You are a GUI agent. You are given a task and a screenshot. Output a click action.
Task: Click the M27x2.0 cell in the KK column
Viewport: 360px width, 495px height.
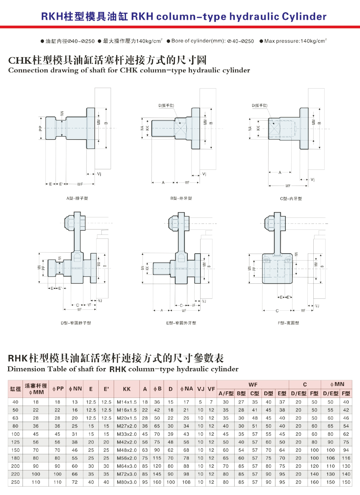127,426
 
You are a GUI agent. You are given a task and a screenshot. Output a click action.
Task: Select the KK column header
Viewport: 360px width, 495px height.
127,389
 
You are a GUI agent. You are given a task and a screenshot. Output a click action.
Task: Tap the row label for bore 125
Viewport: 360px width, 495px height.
15,442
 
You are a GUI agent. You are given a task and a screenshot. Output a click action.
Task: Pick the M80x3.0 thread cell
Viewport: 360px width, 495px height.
127,482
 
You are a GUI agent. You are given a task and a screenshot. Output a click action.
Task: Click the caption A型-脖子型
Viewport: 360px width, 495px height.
77,198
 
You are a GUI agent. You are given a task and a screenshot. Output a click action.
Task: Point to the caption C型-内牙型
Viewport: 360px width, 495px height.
291,198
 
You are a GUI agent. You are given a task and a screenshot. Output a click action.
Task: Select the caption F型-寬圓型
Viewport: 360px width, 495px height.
289,323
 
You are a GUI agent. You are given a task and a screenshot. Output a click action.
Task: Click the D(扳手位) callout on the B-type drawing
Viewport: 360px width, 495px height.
166,105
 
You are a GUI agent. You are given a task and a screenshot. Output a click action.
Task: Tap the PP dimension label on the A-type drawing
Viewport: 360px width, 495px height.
40,129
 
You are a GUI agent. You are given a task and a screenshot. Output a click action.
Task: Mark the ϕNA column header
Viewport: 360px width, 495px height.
186,389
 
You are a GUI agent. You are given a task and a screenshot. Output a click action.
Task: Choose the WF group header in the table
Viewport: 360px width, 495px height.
253,385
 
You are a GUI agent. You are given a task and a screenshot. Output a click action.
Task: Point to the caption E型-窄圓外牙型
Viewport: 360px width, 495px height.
181,323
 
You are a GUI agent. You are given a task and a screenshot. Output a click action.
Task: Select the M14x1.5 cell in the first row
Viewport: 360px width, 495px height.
127,402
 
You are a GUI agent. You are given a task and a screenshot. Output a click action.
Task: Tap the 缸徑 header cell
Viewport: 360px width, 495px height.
15,389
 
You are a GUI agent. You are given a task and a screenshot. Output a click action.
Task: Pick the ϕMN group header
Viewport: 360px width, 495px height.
337,384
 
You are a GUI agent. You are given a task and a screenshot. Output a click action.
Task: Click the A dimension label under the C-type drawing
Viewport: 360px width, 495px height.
280,172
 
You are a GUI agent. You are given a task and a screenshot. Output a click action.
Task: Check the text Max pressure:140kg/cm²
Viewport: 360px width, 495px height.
295,41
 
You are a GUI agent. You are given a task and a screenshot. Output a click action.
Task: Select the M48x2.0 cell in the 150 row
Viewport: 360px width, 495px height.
127,450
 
